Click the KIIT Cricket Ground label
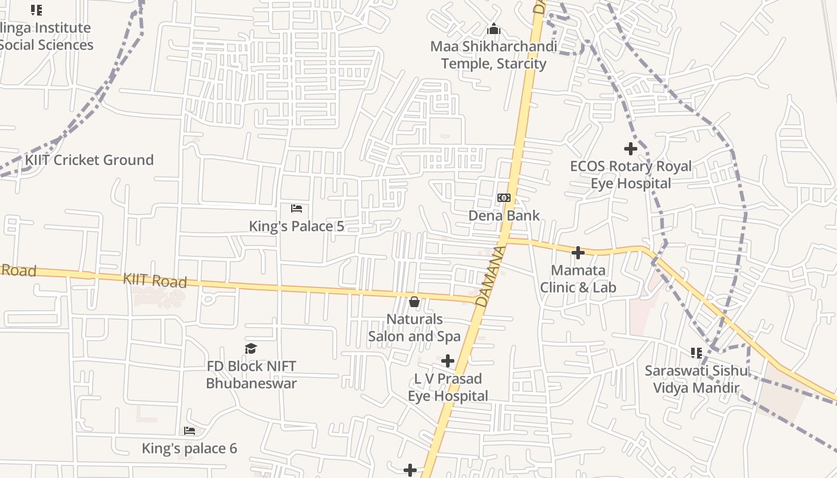89,160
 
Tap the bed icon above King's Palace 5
297,209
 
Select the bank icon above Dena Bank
504,198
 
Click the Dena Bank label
504,216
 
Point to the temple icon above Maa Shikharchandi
494,29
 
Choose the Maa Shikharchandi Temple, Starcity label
494,55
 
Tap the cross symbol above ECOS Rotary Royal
631,148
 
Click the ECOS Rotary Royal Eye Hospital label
631,174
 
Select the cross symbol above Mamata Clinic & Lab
578,253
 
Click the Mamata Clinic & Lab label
578,279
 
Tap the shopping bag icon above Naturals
414,302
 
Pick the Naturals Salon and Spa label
414,328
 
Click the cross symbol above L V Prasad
448,361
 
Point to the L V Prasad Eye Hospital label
448,387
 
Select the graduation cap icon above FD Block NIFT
251,348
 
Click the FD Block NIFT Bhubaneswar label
251,375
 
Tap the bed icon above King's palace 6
190,431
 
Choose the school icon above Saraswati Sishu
696,353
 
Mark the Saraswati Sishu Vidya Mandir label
696,379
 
